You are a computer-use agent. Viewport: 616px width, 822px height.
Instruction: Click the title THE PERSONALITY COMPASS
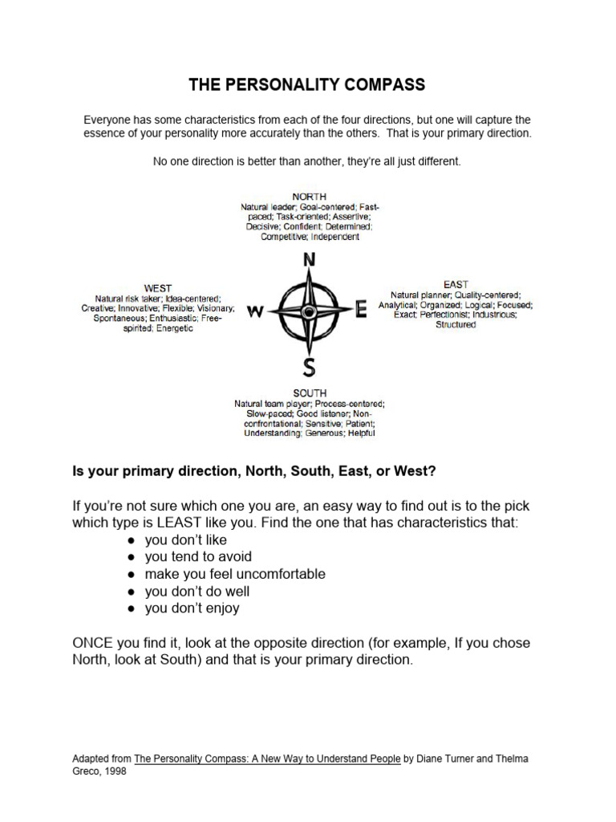click(x=308, y=84)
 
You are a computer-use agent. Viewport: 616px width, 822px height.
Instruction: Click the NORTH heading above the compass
click(x=309, y=196)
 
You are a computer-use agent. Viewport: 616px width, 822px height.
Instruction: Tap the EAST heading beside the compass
click(x=456, y=284)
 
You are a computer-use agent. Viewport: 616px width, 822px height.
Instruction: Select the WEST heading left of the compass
click(x=157, y=287)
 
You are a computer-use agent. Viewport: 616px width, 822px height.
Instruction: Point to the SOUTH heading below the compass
click(x=309, y=393)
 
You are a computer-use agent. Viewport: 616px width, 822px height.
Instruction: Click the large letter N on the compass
click(x=309, y=261)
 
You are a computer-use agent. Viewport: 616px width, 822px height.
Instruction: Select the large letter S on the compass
click(x=309, y=367)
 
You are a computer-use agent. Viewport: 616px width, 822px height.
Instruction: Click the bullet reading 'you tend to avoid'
click(x=198, y=557)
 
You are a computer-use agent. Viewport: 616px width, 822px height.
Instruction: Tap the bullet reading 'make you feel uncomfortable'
click(x=235, y=574)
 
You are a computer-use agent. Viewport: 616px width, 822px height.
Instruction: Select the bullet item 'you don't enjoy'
click(x=192, y=608)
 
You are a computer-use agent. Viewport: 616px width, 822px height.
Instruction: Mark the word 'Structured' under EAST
click(x=455, y=325)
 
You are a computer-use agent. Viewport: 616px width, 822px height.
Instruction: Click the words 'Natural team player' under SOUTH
click(x=272, y=403)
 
